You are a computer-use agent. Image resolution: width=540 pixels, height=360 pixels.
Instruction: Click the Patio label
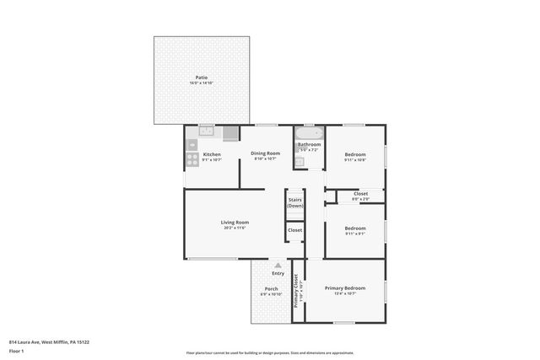pyautogui.click(x=202, y=78)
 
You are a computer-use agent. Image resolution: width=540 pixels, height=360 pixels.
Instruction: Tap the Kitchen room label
pyautogui.click(x=212, y=154)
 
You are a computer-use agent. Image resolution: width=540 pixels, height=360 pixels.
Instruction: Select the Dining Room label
pyautogui.click(x=266, y=153)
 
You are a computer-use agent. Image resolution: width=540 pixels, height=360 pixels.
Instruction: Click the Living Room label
pyautogui.click(x=235, y=222)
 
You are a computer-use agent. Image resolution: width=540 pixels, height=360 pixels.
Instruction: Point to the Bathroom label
pyautogui.click(x=309, y=144)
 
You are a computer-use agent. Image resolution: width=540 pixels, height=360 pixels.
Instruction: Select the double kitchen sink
pyautogui.click(x=207, y=132)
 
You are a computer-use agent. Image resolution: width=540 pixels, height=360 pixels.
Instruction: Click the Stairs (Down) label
pyautogui.click(x=295, y=203)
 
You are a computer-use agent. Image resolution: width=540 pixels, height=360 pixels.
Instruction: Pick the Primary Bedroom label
pyautogui.click(x=344, y=287)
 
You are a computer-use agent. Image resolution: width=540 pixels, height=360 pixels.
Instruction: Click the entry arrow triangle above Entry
pyautogui.click(x=278, y=265)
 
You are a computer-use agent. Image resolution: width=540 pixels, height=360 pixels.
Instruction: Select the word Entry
pyautogui.click(x=278, y=272)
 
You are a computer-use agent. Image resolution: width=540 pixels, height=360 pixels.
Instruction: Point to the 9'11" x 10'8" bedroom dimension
pyautogui.click(x=354, y=159)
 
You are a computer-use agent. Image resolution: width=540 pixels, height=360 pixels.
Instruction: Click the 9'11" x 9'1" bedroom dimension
pyautogui.click(x=354, y=233)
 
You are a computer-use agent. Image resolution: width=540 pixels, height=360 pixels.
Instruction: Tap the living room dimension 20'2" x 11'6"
pyautogui.click(x=235, y=228)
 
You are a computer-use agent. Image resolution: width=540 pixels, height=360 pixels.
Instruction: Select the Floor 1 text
pyautogui.click(x=16, y=350)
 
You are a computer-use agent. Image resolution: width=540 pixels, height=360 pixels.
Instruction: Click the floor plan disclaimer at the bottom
pyautogui.click(x=269, y=353)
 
